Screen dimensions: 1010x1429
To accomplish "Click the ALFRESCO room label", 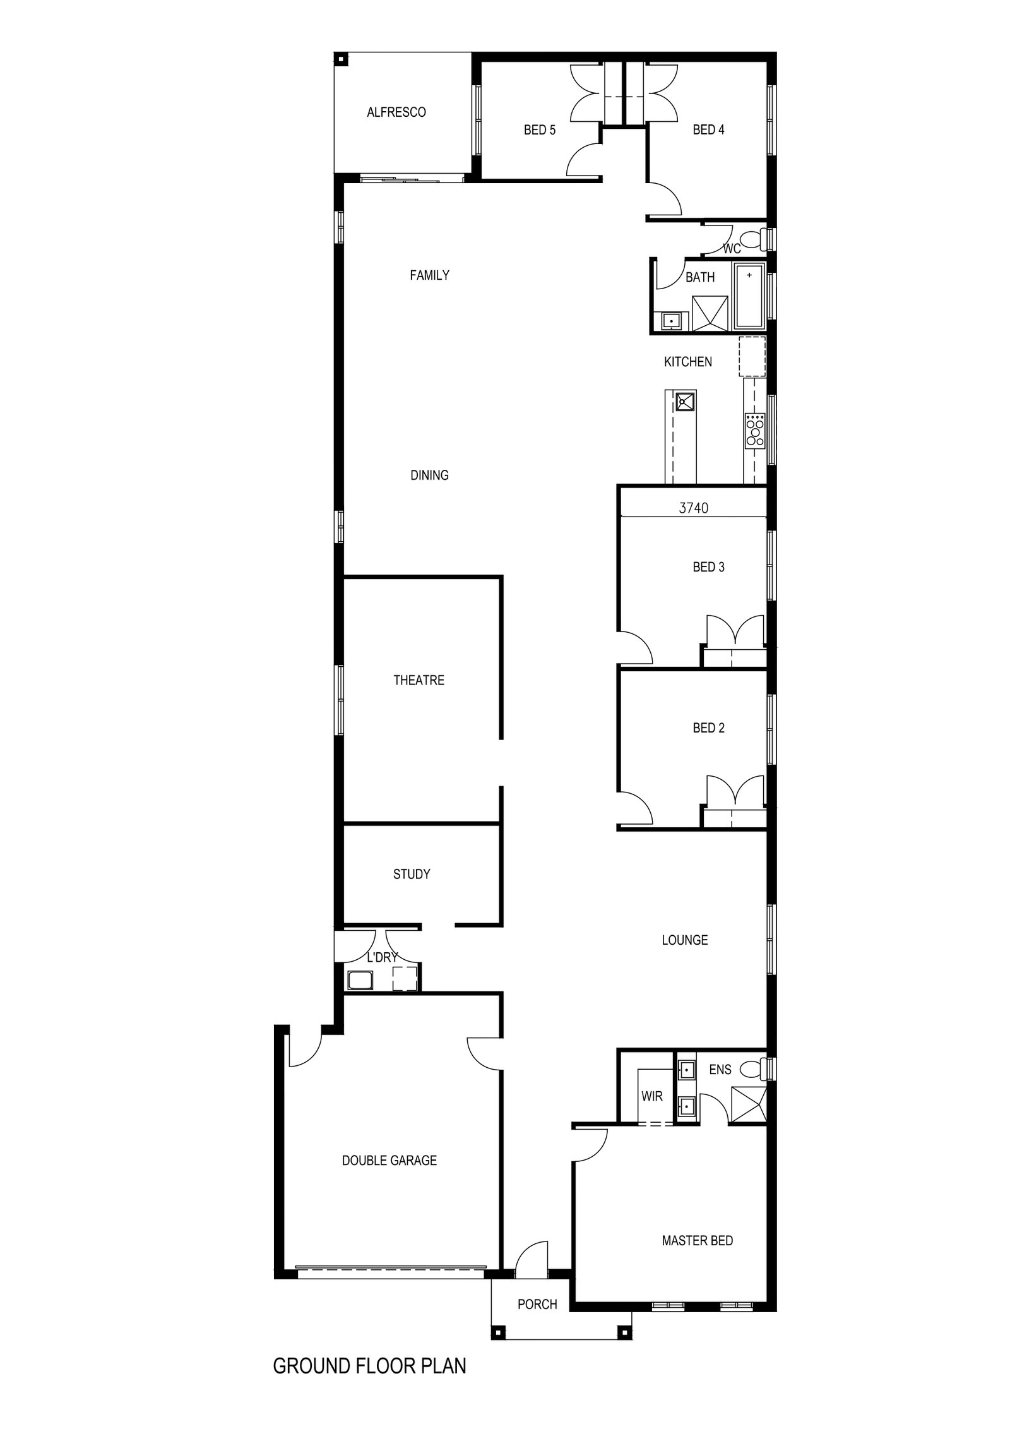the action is (x=396, y=112).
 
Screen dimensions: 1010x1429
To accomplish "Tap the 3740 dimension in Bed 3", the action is (x=694, y=507).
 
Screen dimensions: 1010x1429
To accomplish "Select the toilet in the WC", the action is (x=753, y=239).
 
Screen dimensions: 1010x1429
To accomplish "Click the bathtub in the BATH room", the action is (x=749, y=296).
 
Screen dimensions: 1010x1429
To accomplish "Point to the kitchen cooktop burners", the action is (x=754, y=430).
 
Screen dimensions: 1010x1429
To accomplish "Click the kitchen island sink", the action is (x=684, y=400).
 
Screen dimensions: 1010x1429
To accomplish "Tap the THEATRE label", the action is (x=419, y=680).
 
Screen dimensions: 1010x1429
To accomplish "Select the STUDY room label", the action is (x=412, y=874).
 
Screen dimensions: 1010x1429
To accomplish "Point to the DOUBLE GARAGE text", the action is (x=389, y=1160).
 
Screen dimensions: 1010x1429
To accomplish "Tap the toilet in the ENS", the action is (x=754, y=1068).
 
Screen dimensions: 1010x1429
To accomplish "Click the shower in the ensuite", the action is (x=749, y=1104).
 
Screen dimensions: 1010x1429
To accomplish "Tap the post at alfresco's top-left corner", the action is (x=341, y=59).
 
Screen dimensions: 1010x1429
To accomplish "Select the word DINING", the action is (x=429, y=475).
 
